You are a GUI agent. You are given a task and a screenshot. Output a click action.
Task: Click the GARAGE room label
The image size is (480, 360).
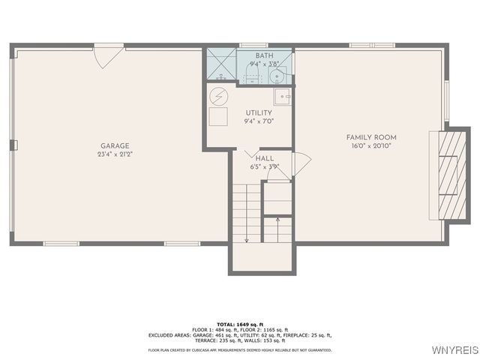115,146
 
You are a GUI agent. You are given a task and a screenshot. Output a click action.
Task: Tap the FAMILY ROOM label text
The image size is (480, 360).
371,137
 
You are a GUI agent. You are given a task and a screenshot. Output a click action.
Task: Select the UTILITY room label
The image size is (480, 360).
259,112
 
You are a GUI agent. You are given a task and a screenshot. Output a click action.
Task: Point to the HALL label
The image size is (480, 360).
264,159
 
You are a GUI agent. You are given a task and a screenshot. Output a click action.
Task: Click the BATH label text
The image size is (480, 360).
264,55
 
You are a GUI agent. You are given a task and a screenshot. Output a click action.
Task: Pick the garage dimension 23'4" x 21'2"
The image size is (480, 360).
115,154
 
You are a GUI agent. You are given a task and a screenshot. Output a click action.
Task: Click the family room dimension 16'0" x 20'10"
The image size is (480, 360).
371,145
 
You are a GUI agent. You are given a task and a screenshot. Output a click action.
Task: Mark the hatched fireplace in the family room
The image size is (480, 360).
447,175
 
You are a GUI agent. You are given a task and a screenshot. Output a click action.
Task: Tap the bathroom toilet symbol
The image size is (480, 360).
276,75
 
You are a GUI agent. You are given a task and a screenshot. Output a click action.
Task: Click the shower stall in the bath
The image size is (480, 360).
222,66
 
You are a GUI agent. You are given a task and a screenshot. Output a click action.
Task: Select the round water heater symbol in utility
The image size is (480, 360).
218,96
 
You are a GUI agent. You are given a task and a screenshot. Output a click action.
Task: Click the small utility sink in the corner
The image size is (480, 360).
282,95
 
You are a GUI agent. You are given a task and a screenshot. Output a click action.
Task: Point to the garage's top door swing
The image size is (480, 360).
108,56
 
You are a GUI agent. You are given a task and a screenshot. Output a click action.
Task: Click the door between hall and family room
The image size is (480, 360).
301,164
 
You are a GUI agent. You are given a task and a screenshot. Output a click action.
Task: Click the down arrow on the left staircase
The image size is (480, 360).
246,238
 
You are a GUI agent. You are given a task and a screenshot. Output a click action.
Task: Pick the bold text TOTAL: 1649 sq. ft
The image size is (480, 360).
239,324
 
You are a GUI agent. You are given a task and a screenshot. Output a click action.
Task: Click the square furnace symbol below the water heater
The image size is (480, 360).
218,117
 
